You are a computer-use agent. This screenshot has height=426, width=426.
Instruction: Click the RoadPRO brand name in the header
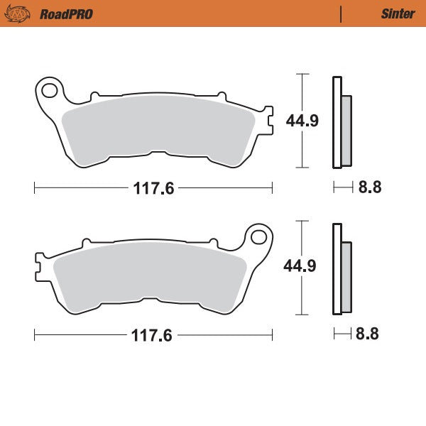pyautogui.click(x=65, y=13)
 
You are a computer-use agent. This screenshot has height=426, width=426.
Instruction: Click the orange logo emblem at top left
pyautogui.click(x=19, y=13)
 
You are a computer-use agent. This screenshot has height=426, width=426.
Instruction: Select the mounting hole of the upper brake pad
pyautogui.click(x=49, y=90)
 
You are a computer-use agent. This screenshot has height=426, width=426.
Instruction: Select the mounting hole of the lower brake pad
pyautogui.click(x=258, y=236)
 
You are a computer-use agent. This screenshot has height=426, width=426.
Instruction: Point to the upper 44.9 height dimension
pyautogui.click(x=282, y=121)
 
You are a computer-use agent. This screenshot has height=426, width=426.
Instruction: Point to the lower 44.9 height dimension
pyautogui.click(x=282, y=266)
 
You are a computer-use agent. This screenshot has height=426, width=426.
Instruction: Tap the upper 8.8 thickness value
pyautogui.click(x=370, y=188)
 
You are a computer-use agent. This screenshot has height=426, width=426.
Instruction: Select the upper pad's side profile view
pyautogui.click(x=341, y=122)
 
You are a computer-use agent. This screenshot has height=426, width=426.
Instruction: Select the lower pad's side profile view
pyautogui.click(x=341, y=268)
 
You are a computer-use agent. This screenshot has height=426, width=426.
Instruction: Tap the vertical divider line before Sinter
pyautogui.click(x=342, y=13)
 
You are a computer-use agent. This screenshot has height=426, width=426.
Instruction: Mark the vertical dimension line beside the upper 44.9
pyautogui.click(x=303, y=121)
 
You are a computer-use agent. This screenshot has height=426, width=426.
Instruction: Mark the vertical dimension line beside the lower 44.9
pyautogui.click(x=303, y=267)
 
